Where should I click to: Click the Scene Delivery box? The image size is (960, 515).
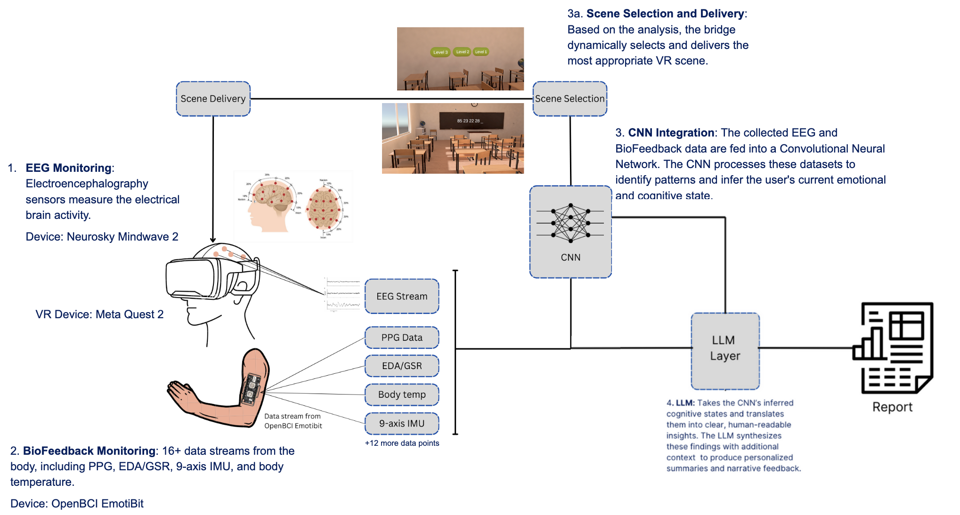tap(213, 99)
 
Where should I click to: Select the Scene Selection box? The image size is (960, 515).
tap(569, 99)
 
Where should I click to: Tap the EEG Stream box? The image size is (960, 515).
tap(402, 296)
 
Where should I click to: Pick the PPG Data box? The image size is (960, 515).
tap(402, 338)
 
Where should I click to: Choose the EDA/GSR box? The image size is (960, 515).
tap(402, 366)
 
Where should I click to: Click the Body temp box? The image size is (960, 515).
tap(402, 394)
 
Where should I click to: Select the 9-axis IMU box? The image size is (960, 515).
tap(402, 423)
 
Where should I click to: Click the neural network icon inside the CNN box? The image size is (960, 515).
tap(570, 223)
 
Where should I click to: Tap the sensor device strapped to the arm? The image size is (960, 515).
tap(252, 389)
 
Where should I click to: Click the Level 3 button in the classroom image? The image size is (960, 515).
tap(440, 52)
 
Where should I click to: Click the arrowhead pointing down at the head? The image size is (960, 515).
tap(213, 239)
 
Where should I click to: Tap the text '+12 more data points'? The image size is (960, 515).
tap(402, 443)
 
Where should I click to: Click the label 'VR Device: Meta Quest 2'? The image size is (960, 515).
tap(99, 314)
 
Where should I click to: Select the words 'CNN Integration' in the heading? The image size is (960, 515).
tap(671, 133)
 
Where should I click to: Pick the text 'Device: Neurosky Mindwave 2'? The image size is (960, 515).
tap(102, 237)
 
